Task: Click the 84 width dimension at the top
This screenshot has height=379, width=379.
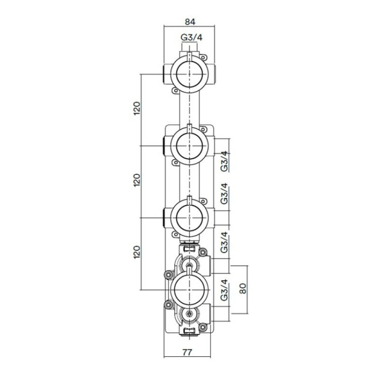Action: pos(190,22)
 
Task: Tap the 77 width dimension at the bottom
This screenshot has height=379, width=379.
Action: pos(187,352)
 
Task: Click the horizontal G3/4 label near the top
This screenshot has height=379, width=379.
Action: pos(191,38)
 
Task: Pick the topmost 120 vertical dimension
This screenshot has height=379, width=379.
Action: pos(137,108)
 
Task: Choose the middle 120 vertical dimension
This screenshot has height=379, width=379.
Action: pos(137,180)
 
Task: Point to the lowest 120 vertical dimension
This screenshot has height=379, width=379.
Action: pos(137,252)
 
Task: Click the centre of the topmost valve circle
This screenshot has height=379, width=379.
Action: pos(189,74)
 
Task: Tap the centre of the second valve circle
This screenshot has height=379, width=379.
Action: pos(189,146)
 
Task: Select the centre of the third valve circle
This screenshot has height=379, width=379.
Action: pos(189,218)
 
